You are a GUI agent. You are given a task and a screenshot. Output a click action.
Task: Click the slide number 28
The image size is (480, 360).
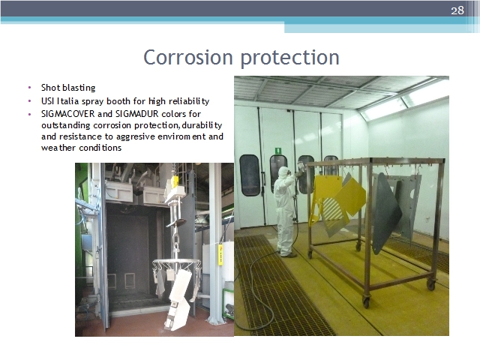(x=457, y=10)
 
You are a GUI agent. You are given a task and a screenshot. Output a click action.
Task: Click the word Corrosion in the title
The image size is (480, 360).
(x=188, y=57)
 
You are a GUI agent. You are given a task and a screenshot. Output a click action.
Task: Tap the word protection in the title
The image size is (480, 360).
(x=290, y=58)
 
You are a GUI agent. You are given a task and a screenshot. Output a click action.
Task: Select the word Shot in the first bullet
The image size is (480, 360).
(x=50, y=88)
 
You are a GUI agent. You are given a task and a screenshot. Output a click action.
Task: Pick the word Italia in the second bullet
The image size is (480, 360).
(x=68, y=101)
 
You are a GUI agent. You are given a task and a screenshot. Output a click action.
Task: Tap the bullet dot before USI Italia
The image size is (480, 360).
(x=30, y=101)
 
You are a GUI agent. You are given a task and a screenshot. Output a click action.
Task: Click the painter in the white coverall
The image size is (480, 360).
(x=285, y=211)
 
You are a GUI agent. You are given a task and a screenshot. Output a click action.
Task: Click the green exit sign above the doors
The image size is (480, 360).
(x=278, y=151)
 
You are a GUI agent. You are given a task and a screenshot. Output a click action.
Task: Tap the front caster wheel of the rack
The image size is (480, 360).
(x=366, y=301)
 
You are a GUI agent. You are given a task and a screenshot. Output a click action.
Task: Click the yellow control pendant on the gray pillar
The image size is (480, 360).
(x=220, y=254)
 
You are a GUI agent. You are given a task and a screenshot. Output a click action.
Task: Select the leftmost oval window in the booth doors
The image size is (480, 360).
(x=250, y=175)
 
